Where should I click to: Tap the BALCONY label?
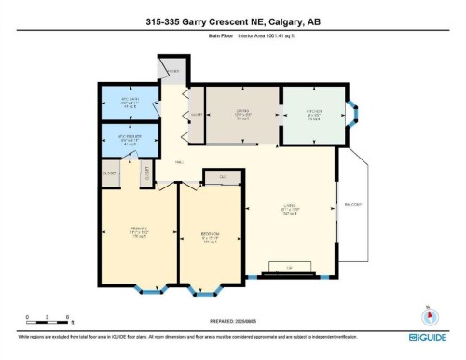pos(353,203)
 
